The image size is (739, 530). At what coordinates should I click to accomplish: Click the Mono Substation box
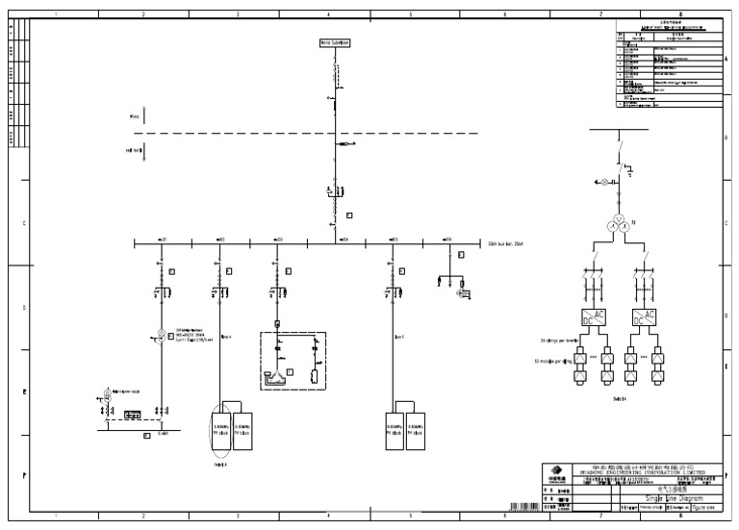[x=334, y=43]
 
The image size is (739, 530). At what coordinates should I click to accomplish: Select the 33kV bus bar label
[x=507, y=244]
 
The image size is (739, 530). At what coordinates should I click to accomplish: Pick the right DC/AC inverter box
[x=644, y=316]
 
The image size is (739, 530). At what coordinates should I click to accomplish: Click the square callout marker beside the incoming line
[x=349, y=215]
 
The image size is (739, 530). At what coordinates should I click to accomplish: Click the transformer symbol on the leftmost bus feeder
[x=163, y=335]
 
